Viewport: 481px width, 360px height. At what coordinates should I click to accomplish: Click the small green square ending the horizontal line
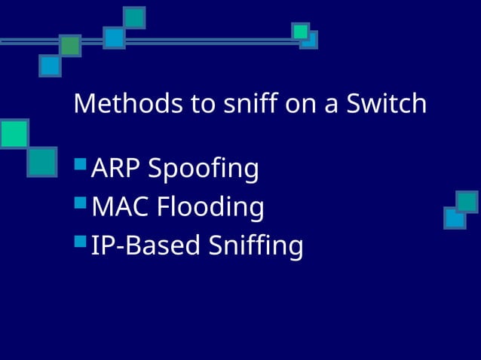point(301,31)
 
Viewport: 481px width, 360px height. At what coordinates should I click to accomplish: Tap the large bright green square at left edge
point(13,133)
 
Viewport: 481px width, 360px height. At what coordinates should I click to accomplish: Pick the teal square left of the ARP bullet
point(42,161)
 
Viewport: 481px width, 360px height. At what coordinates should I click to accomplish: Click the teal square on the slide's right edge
point(467,202)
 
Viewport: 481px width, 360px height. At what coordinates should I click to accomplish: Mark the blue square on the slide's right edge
point(455,218)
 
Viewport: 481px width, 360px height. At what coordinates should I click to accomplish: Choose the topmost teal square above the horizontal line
point(134,17)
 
